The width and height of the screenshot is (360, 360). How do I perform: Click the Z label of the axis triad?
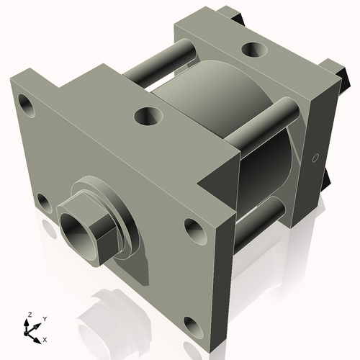29,315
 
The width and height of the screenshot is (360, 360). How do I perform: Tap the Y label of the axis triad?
44,319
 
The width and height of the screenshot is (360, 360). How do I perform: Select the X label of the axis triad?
45,338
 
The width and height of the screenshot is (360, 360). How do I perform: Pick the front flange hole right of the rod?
194,230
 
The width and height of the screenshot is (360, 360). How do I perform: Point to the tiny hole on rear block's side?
315,158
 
